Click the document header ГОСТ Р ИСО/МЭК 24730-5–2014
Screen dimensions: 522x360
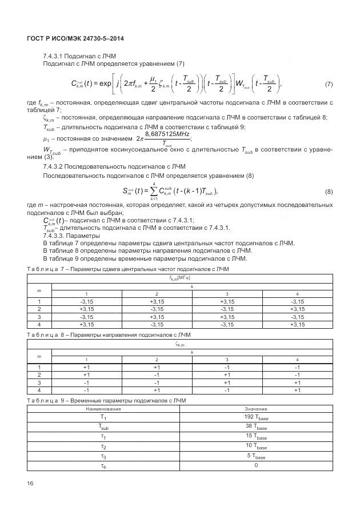(x=75, y=38)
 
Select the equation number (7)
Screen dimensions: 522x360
(x=329, y=85)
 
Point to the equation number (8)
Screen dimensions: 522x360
(x=329, y=192)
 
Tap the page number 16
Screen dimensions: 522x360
(x=30, y=484)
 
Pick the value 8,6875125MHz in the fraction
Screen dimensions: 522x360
(x=167, y=133)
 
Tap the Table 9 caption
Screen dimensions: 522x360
(x=114, y=400)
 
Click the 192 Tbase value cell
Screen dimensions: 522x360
(x=256, y=418)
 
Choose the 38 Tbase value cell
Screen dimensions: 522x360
(x=256, y=427)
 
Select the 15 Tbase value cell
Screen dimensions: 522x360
(x=256, y=437)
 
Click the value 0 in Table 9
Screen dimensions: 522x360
(x=256, y=465)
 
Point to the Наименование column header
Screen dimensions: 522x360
(x=103, y=409)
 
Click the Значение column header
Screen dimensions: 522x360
(x=256, y=409)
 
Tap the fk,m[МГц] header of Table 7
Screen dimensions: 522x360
(x=179, y=277)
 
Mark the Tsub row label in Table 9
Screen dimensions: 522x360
(x=103, y=427)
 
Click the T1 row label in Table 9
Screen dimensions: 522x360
(x=103, y=418)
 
